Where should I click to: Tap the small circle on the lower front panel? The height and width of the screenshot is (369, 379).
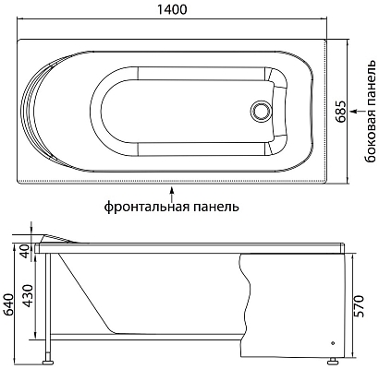(331, 339)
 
